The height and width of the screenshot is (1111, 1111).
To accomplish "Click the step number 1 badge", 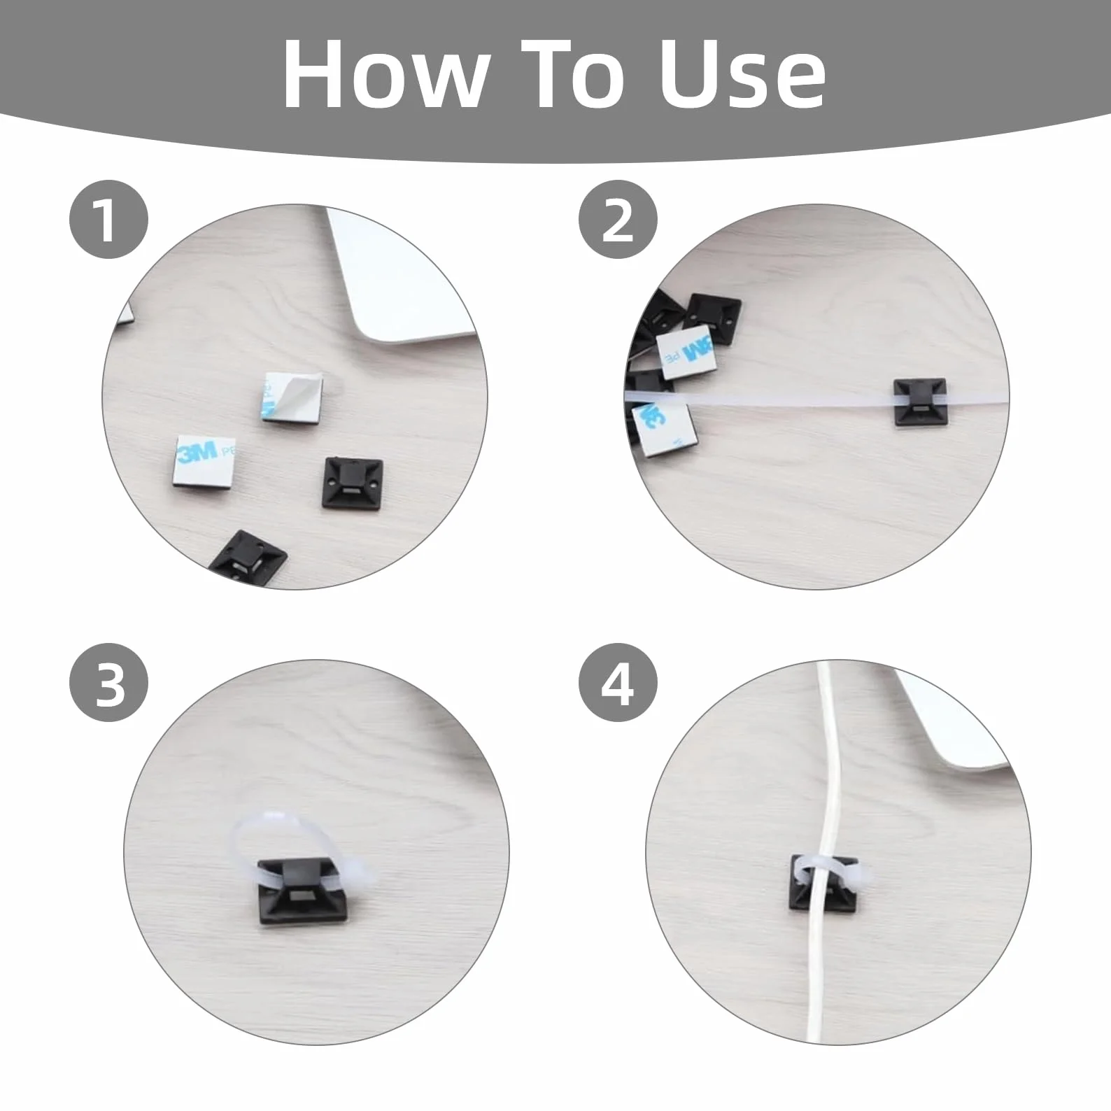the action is (x=108, y=220).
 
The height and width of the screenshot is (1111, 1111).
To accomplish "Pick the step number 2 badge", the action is (x=618, y=220).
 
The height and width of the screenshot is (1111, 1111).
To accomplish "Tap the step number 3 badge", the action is (x=108, y=684).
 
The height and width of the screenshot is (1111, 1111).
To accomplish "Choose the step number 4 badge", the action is (x=618, y=684).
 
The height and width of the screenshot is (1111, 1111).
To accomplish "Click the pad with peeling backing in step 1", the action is (x=294, y=397).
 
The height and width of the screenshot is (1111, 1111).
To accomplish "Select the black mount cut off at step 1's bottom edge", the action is (x=250, y=557).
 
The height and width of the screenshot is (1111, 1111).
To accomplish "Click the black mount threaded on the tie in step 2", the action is (x=921, y=402).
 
